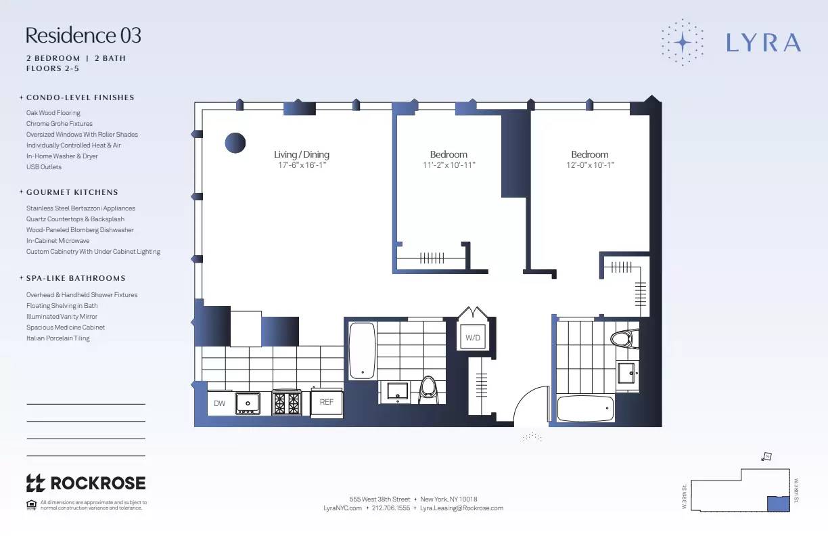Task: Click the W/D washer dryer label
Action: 473,338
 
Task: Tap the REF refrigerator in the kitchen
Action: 327,402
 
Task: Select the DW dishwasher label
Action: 220,403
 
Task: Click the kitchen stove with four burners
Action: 286,403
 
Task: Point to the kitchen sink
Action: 248,403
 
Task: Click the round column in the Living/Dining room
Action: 235,143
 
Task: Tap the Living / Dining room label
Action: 302,154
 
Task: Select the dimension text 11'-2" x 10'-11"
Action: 448,165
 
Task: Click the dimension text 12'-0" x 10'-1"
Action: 590,165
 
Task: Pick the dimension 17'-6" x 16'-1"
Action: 302,165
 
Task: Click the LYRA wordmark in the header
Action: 764,43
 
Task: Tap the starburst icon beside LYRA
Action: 683,43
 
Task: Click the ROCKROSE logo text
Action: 97,483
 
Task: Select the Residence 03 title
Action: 83,35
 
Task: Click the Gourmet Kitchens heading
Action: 72,192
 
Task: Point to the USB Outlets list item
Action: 44,167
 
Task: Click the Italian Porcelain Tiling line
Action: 58,338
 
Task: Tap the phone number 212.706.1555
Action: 391,508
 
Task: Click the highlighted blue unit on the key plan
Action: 777,503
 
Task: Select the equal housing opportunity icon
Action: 30,504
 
